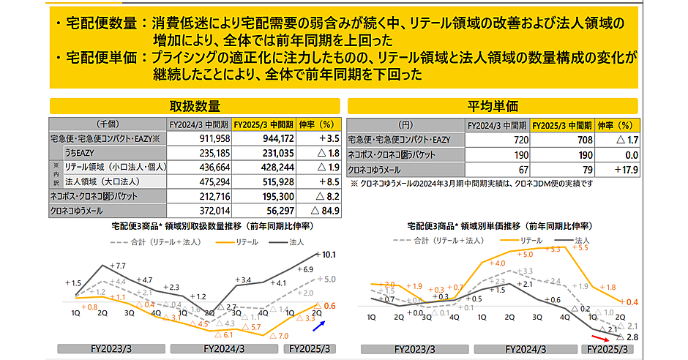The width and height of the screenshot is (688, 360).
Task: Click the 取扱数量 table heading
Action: pos(195,106)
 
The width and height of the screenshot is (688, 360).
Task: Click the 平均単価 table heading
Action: pos(493,106)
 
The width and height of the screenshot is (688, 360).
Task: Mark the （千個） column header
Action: pos(108,124)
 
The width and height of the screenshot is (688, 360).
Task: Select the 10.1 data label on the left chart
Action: pos(328,255)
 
